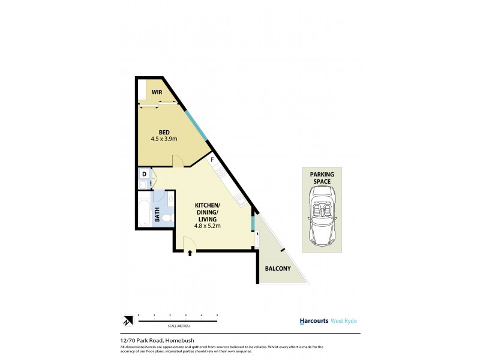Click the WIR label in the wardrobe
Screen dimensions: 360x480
click(x=157, y=92)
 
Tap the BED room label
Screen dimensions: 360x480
click(x=164, y=133)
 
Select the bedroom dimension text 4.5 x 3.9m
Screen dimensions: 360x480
click(x=164, y=140)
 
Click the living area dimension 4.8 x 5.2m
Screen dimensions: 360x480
click(x=208, y=226)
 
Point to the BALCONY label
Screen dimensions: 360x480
click(x=278, y=269)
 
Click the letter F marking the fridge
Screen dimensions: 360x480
click(x=212, y=161)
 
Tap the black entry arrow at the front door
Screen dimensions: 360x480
click(x=190, y=253)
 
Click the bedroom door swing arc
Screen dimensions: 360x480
click(x=178, y=160)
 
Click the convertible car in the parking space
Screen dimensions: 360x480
click(x=321, y=216)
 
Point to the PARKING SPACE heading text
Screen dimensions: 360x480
click(x=322, y=178)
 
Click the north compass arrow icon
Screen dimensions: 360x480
click(x=127, y=321)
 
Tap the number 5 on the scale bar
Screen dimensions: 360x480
click(x=217, y=314)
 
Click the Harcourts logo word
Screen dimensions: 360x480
click(x=314, y=321)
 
